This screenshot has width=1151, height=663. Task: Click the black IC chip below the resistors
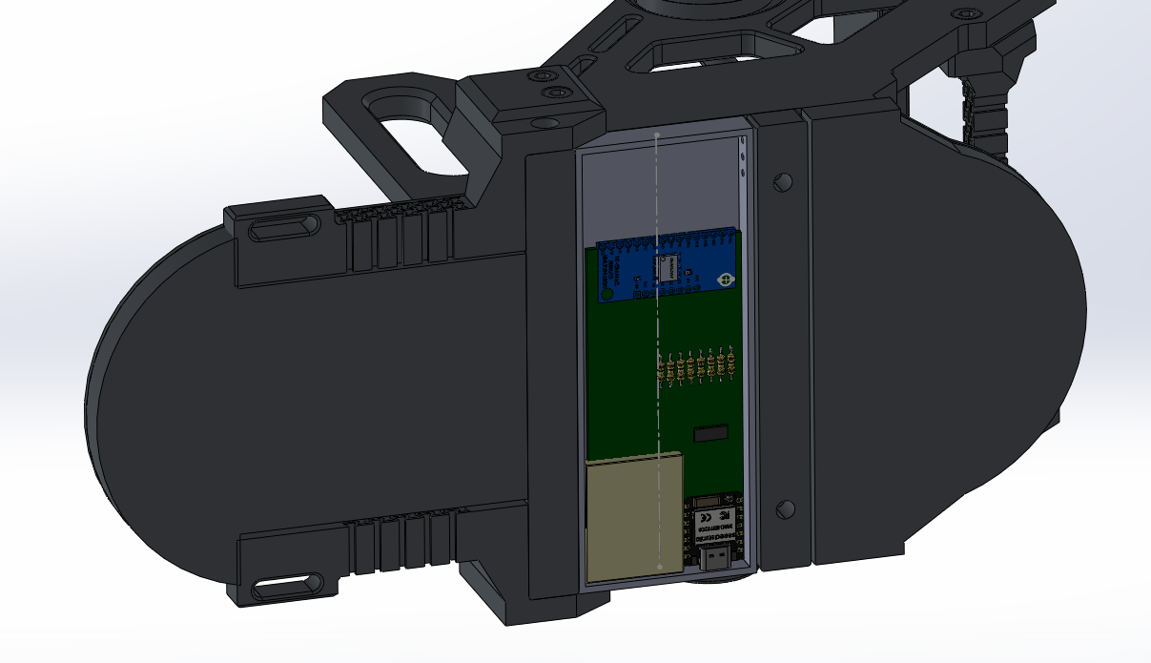click(x=710, y=434)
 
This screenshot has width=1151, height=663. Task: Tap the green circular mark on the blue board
click(x=725, y=280)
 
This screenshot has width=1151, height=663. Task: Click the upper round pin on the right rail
click(x=783, y=181)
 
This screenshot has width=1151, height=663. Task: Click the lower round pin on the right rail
click(x=785, y=508)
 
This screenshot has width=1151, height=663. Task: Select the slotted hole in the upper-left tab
click(x=283, y=228)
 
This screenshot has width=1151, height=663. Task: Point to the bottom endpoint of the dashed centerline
click(x=658, y=568)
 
